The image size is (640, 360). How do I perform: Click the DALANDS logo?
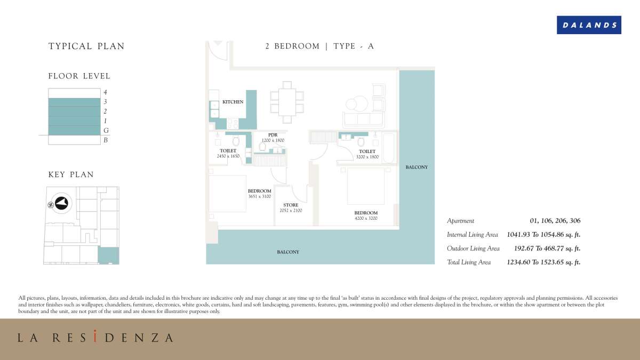coord(589,25)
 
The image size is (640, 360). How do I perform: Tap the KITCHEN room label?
coord(233,102)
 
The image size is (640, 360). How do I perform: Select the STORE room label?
coord(291,205)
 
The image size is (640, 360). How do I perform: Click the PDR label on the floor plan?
coord(273,135)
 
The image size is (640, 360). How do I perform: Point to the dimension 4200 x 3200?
coord(366,218)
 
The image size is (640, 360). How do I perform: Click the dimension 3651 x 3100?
coord(259,196)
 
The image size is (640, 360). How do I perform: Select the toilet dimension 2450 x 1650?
coord(228,156)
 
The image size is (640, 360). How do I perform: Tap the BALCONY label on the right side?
coord(417,167)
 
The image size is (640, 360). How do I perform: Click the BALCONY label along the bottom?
coord(288,252)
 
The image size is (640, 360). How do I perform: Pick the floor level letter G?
coord(106,131)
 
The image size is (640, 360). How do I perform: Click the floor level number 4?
coord(106,92)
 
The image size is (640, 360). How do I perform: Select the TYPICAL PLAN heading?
coord(86,46)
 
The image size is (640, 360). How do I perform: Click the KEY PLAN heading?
coord(71,175)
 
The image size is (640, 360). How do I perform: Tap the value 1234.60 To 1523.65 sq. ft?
coord(543,262)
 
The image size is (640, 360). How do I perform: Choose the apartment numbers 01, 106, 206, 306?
coord(555,221)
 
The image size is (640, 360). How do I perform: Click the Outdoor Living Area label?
coord(473,249)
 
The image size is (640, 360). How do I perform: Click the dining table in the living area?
coord(287,102)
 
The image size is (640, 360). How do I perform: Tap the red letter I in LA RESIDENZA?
coord(94,337)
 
